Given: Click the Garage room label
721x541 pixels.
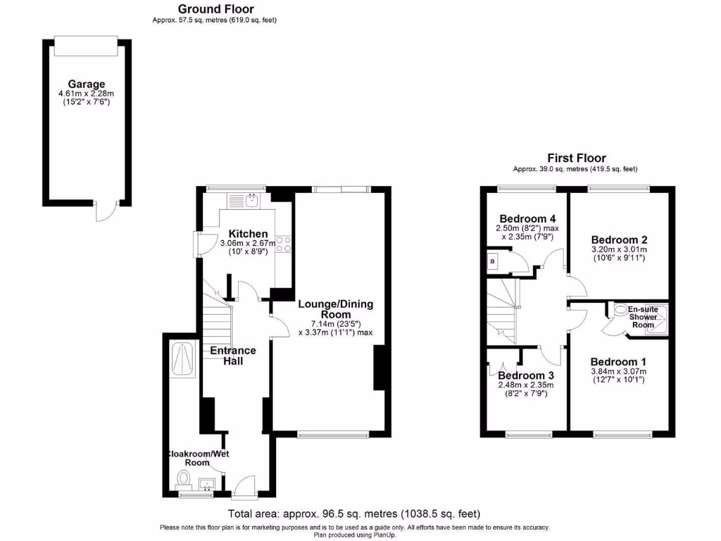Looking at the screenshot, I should pos(87,84).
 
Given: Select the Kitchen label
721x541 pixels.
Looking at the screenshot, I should pos(248,234).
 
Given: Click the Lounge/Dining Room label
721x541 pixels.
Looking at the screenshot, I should pos(335,309).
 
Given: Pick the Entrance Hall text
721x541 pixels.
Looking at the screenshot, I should pos(233,356).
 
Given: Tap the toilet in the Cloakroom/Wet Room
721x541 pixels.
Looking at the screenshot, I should pos(184,480).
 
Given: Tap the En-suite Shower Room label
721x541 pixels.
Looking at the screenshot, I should pos(642,316).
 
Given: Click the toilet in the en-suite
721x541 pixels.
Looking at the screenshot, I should pos(622,309).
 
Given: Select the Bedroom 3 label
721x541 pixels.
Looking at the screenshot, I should pos(526,375).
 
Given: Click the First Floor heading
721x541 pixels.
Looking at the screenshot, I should pos(576,158).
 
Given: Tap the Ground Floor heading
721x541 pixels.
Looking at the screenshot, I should pos(215,8).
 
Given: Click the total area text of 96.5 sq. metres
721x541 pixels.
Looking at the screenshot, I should pos(354,514).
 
